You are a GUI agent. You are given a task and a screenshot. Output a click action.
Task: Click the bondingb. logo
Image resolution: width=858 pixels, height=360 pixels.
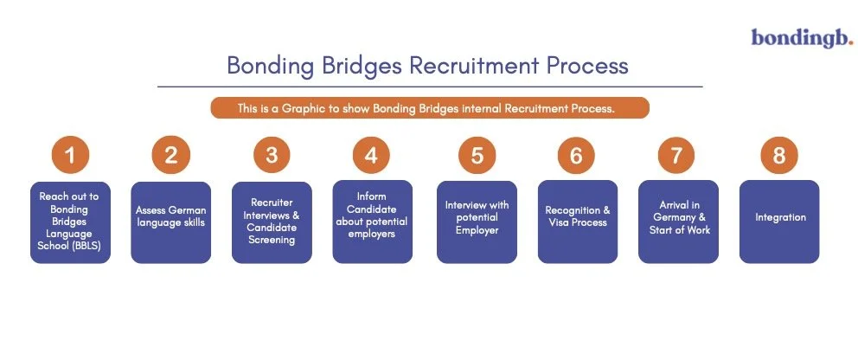pyautogui.click(x=802, y=37)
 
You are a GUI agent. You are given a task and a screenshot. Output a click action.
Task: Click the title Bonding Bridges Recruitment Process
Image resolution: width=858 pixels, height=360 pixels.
pyautogui.click(x=427, y=66)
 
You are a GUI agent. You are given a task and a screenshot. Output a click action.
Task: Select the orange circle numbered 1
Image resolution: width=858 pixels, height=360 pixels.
pyautogui.click(x=70, y=156)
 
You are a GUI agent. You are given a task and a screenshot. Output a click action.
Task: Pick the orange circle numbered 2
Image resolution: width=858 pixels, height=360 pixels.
pyautogui.click(x=170, y=156)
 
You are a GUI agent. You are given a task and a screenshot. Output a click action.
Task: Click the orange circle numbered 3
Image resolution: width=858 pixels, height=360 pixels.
pyautogui.click(x=272, y=156)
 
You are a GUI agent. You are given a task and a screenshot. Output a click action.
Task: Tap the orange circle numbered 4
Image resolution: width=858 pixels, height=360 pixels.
pyautogui.click(x=372, y=156)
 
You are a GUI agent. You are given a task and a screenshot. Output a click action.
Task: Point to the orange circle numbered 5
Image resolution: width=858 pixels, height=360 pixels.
pyautogui.click(x=477, y=156)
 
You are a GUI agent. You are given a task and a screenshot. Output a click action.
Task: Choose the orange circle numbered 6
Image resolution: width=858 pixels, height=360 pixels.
pyautogui.click(x=577, y=156)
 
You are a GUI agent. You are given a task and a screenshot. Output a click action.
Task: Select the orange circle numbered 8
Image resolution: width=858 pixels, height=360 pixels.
pyautogui.click(x=778, y=156)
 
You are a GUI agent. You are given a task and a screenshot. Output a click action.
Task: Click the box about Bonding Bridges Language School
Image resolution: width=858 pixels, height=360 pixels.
pyautogui.click(x=70, y=222)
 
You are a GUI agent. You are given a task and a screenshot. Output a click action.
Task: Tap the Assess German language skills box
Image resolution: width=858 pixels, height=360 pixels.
pyautogui.click(x=170, y=222)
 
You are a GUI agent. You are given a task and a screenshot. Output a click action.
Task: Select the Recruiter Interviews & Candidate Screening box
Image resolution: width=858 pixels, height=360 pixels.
pyautogui.click(x=272, y=222)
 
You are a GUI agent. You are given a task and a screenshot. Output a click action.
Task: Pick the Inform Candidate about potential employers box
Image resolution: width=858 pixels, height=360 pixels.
pyautogui.click(x=372, y=222)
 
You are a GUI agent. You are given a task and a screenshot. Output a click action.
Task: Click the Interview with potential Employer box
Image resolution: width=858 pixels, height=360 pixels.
pyautogui.click(x=477, y=222)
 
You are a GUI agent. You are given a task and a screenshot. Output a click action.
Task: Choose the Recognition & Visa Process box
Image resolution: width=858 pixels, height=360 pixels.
pyautogui.click(x=577, y=222)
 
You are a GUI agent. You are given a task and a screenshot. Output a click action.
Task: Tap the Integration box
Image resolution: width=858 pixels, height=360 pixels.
pyautogui.click(x=778, y=222)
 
